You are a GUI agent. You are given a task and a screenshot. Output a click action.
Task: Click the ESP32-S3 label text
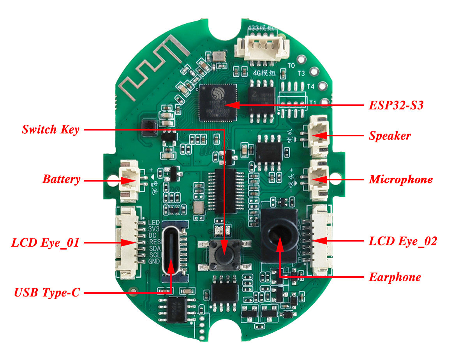[395, 105]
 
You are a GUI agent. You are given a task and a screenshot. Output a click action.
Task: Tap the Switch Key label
[51, 129]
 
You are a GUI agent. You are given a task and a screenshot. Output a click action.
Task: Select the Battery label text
[62, 180]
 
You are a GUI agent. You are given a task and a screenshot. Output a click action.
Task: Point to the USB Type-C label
[47, 292]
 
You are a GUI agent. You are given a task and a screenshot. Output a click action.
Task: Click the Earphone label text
[395, 277]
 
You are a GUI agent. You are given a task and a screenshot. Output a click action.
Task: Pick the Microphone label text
[401, 180]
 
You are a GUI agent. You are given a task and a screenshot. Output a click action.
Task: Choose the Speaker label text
[390, 136]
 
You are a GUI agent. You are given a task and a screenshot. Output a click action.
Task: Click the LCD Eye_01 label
[45, 243]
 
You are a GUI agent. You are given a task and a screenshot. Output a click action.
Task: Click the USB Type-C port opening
[171, 249]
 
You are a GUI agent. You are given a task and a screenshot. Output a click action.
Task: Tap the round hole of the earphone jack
[279, 236]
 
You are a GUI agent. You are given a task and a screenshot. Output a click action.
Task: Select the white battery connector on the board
[128, 180]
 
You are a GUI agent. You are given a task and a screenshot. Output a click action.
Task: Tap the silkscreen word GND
[154, 261]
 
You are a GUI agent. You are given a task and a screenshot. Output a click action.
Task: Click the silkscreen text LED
[154, 223]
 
